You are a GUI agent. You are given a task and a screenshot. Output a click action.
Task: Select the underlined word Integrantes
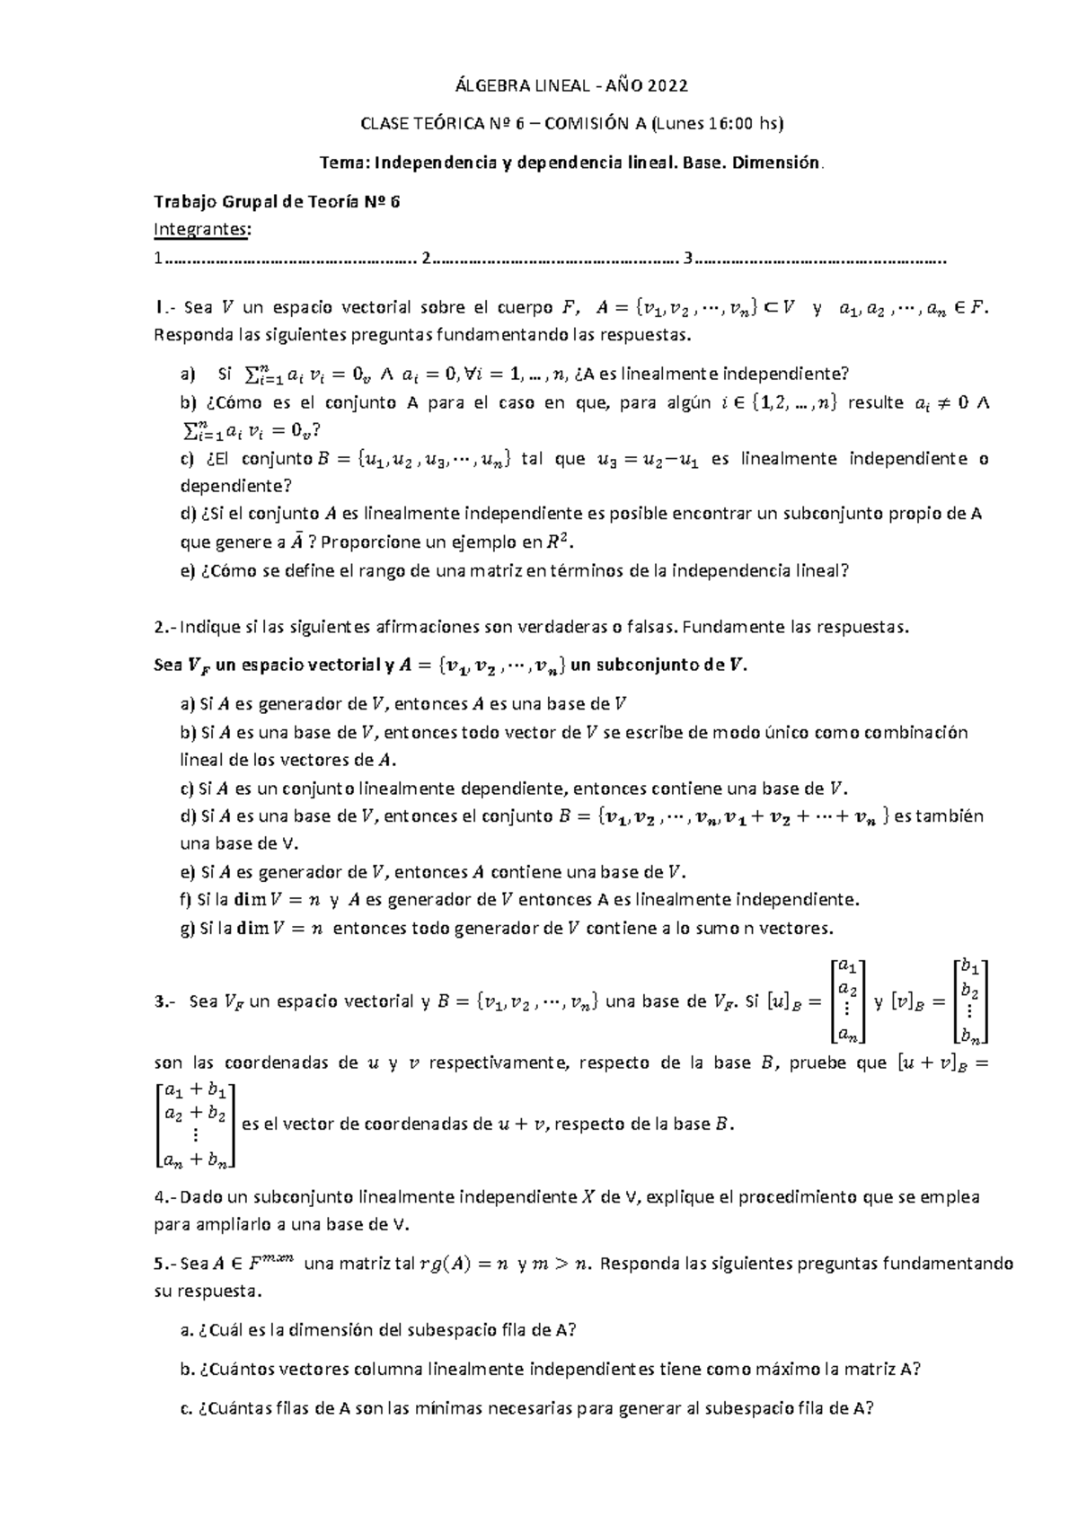tap(202, 230)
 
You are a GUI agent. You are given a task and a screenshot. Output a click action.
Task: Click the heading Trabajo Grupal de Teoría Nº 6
tap(277, 202)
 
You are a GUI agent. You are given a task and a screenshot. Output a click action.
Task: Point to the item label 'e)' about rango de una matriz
tap(188, 571)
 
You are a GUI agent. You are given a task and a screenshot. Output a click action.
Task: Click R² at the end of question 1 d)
tap(557, 542)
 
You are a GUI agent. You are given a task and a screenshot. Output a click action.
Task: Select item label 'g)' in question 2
tap(188, 929)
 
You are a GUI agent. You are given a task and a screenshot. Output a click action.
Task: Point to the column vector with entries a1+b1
tap(195, 1125)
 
